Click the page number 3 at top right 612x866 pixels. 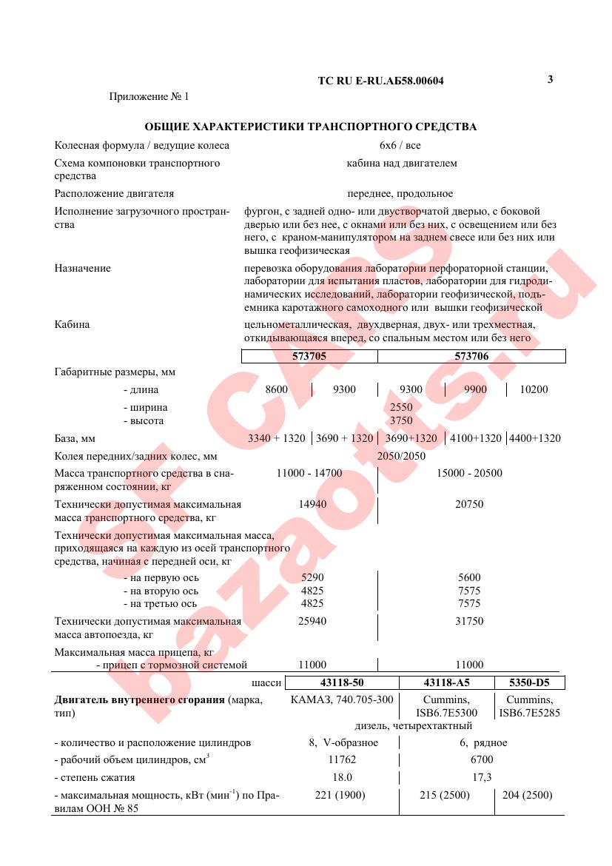tap(550, 79)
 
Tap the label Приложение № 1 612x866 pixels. tap(149, 96)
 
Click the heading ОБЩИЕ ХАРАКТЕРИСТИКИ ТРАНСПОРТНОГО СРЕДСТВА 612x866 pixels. tap(310, 127)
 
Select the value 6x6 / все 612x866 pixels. tap(400, 145)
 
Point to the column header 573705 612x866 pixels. tap(309, 356)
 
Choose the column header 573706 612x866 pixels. tap(471, 356)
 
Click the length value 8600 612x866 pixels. tap(276, 389)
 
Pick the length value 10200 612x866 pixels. tap(534, 389)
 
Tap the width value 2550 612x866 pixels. tap(401, 407)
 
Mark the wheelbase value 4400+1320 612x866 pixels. tap(534, 438)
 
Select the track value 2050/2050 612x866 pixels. tap(401, 456)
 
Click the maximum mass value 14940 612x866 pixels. tap(312, 504)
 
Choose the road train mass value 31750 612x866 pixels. tap(469, 621)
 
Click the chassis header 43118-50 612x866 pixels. tap(342, 682)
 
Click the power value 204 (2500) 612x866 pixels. tap(526, 795)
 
